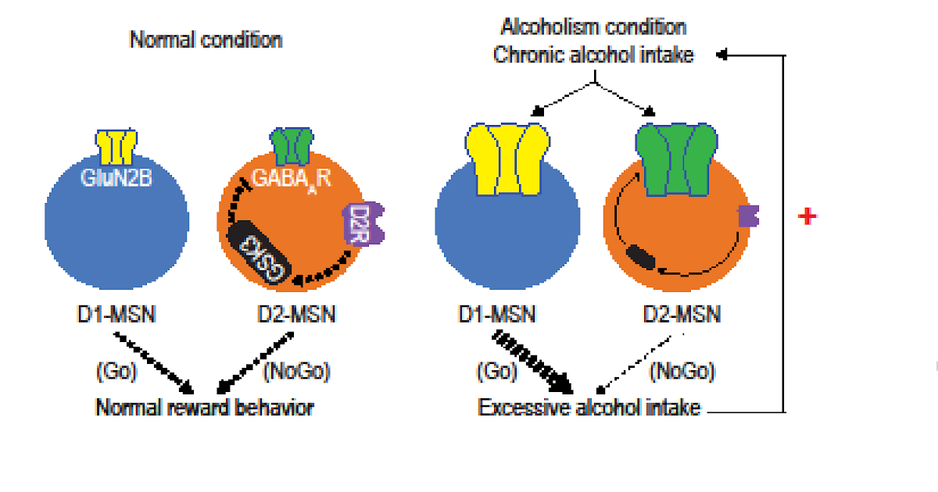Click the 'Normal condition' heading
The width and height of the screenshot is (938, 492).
point(206,40)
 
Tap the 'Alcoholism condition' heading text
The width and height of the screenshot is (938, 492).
point(593,27)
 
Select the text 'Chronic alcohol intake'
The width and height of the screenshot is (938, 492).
point(593,55)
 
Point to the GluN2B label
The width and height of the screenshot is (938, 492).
point(116,177)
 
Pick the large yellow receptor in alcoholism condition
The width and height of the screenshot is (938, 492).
point(506,157)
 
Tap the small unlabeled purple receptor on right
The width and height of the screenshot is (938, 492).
point(749,216)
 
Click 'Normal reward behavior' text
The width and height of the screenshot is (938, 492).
point(206,407)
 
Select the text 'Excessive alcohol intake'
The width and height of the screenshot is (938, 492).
point(589,407)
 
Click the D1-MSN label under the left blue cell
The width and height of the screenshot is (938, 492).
point(116,316)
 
